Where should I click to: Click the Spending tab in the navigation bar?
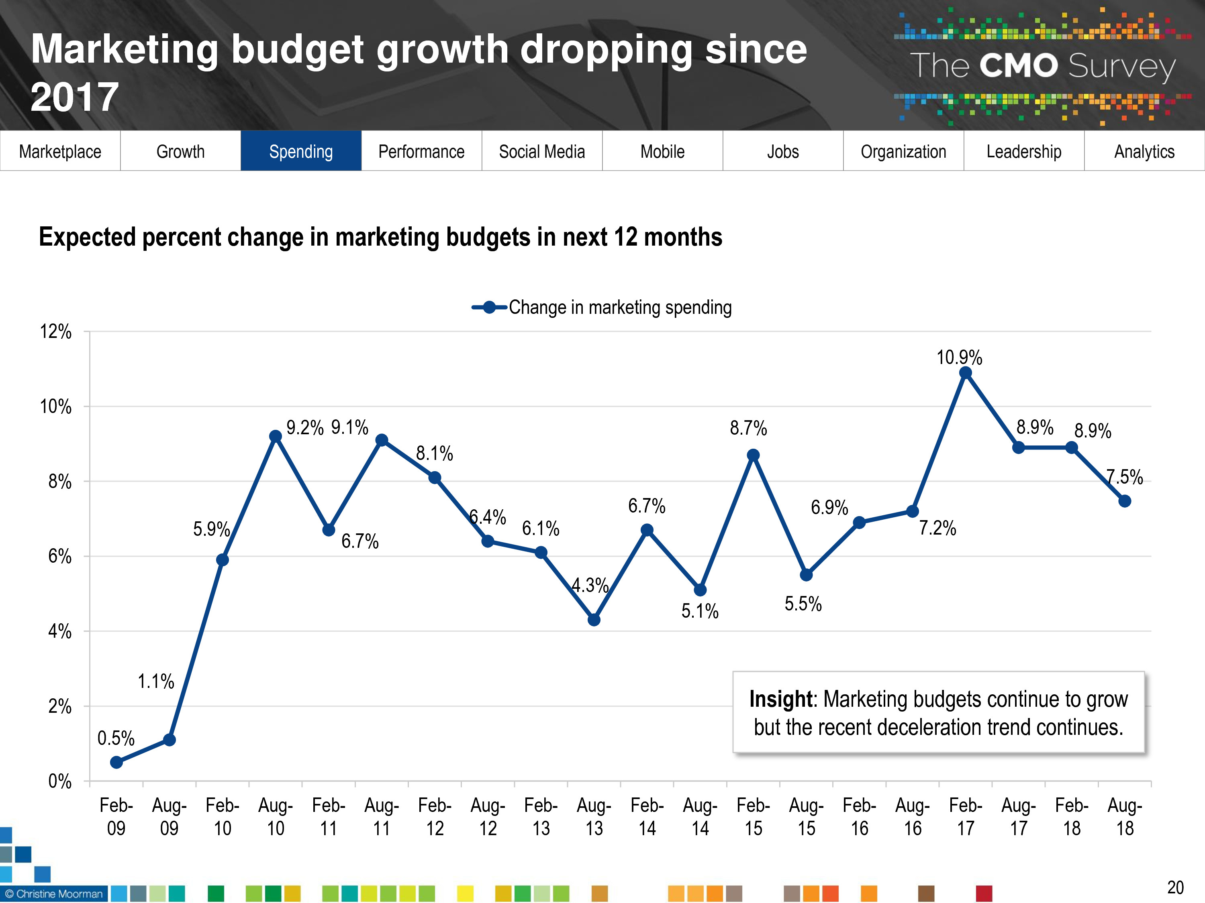coord(301,151)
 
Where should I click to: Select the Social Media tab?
coord(541,151)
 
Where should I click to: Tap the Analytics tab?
coord(1144,151)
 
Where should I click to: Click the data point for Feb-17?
coord(965,373)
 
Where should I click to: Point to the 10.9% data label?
coord(959,358)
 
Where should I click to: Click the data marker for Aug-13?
coord(594,620)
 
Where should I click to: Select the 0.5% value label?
coord(116,738)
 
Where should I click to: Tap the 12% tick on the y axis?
coord(55,332)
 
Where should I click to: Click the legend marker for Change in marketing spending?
coord(489,307)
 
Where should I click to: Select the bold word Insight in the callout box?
coord(781,699)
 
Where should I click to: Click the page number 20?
coord(1175,887)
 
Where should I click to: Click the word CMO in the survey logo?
coord(1018,66)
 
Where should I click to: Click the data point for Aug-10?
coord(276,437)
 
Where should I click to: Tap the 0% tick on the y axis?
coord(59,782)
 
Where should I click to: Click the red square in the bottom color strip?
coord(984,893)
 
